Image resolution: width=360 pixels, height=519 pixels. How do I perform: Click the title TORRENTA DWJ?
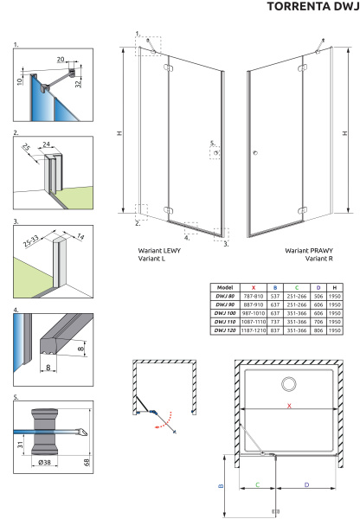point(313,6)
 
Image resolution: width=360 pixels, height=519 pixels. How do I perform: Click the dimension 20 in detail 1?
point(61,59)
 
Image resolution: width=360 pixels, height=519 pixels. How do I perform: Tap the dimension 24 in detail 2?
point(47,144)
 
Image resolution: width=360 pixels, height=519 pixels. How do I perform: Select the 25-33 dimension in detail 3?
point(31,241)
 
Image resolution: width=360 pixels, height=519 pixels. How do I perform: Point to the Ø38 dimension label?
point(44,462)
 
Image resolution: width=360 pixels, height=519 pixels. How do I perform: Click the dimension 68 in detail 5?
point(87,462)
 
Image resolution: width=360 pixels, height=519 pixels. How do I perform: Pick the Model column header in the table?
point(225,287)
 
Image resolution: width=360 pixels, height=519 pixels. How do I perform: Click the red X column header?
point(254,288)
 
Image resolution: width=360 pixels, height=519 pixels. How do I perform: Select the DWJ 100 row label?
point(225,313)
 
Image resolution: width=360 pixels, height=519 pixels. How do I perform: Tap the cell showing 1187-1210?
point(254,330)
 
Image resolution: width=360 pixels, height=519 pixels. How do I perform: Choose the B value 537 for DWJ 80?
point(275,296)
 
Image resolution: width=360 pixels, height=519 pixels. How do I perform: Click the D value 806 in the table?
point(318,330)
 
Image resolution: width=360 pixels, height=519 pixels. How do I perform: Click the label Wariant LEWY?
point(159,251)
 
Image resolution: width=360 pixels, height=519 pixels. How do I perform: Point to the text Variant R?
point(319,259)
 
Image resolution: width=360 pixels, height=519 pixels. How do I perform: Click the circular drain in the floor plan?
point(290,384)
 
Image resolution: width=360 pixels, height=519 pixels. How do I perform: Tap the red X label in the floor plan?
point(289,406)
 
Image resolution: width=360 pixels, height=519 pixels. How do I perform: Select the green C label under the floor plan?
point(258,485)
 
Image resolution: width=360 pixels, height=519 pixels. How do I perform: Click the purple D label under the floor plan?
point(306,485)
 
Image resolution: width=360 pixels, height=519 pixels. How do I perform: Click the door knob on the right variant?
point(255,152)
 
